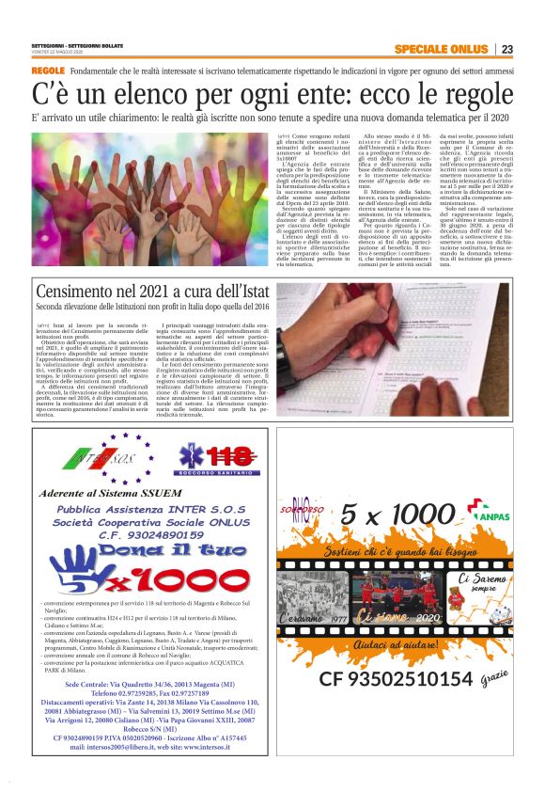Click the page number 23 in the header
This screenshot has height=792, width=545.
point(506,49)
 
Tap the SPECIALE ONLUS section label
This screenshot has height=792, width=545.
point(440,49)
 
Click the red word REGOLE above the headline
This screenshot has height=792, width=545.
point(48,71)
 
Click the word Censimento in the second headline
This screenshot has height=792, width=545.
point(86,293)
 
